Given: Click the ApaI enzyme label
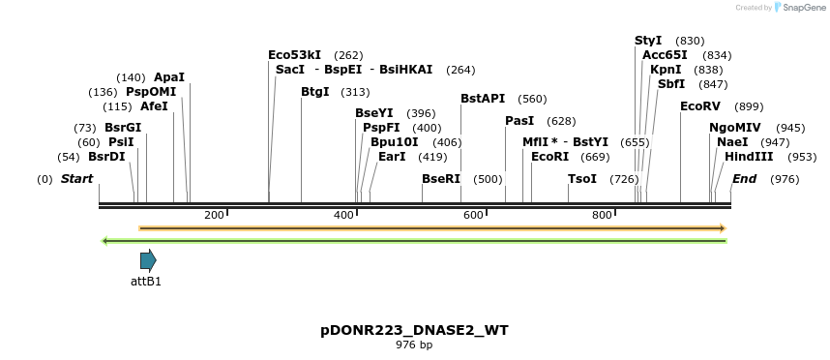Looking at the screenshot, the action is [169, 77].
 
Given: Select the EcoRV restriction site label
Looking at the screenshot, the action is [700, 106].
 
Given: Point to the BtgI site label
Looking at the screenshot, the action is [315, 92].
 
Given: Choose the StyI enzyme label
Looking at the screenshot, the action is [648, 41].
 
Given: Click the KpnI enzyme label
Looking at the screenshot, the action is [666, 70].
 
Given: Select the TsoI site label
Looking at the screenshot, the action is [582, 179].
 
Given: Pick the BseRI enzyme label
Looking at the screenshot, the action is [441, 179].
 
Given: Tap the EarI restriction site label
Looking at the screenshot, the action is [392, 157].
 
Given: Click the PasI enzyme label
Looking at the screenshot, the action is [519, 121].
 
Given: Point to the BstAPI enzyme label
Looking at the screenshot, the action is [483, 99].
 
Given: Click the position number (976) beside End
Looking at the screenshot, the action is [785, 179].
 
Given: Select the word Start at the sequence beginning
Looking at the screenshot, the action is [76, 179].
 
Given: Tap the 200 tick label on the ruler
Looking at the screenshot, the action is [214, 215].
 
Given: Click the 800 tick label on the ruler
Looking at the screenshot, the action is [602, 215].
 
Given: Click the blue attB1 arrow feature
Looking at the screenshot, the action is [148, 260].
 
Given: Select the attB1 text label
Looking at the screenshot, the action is [146, 282].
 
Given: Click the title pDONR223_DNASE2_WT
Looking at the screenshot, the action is [414, 330].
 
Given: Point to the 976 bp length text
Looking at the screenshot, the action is [414, 345].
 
